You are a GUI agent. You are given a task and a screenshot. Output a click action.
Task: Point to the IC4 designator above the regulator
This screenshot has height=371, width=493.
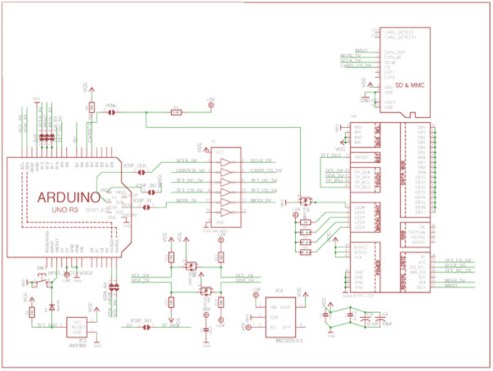[x=279, y=291]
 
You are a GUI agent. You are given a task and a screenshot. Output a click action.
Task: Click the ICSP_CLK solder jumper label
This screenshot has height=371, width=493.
[x=134, y=165]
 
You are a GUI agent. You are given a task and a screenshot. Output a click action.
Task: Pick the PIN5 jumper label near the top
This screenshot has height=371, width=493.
[x=110, y=105]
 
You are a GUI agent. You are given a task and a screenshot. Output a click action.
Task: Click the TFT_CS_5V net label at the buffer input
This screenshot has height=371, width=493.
[x=188, y=189]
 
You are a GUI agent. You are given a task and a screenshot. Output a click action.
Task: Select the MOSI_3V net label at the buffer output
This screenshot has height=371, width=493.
[x=262, y=200]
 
